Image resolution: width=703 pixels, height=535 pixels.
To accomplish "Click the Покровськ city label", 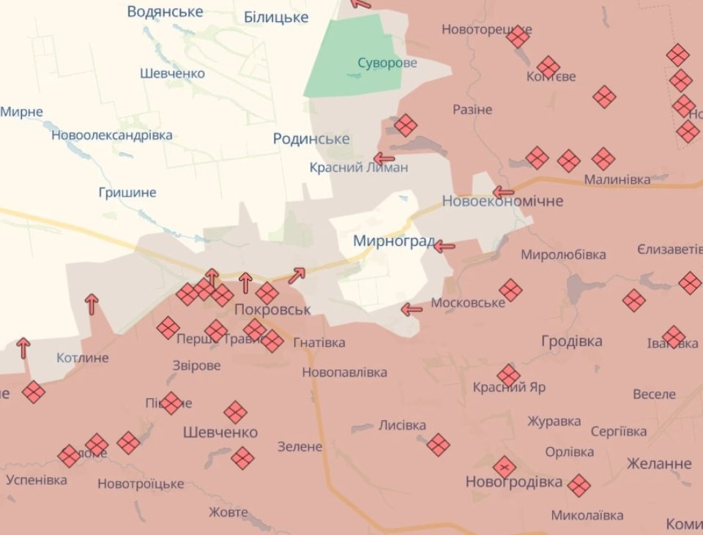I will click(272, 310).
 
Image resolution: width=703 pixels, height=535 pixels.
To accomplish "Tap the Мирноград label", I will click(394, 241).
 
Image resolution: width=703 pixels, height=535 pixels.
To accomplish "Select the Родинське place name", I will click(311, 139).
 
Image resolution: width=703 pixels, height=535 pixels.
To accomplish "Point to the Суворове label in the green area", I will click(387, 63).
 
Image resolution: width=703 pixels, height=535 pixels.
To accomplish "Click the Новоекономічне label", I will click(502, 201).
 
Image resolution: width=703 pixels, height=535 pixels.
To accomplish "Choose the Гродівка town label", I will click(572, 341).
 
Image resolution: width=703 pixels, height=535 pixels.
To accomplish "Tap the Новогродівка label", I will click(514, 482).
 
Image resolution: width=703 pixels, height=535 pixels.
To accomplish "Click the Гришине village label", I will click(127, 192).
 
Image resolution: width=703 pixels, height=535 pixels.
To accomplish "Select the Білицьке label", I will click(276, 17).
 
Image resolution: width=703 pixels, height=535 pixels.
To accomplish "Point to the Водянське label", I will click(165, 11).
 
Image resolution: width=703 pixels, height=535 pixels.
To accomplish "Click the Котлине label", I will click(82, 358).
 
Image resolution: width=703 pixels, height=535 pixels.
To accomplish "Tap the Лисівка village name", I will click(402, 425).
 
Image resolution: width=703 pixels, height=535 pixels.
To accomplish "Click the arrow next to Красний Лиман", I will click(384, 158).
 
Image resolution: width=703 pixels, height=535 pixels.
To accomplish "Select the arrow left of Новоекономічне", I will click(503, 192).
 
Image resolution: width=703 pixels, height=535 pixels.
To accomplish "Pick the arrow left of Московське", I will click(412, 310).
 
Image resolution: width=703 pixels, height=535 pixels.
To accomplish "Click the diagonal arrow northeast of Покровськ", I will click(297, 275).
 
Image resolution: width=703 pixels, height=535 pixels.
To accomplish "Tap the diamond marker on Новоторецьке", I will click(518, 37).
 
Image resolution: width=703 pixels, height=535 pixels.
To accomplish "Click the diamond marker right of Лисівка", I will click(438, 444).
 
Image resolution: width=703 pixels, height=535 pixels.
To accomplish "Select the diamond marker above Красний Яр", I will click(508, 375).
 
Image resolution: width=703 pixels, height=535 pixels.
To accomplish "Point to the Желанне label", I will click(659, 463).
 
